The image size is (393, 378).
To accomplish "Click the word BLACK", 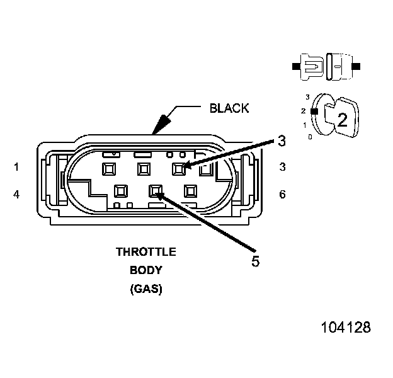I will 229,108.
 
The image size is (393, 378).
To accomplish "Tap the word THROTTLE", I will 145,251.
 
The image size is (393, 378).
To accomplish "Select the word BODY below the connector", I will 145,271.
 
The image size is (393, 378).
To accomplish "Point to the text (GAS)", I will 145,290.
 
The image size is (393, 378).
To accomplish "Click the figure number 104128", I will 346,328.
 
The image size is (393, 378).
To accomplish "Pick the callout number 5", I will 255,261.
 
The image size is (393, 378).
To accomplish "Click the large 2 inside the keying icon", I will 342,120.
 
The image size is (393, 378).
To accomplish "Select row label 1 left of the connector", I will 16,167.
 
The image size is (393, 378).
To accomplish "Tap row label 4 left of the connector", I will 16,195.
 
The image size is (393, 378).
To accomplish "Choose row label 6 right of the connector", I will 282,195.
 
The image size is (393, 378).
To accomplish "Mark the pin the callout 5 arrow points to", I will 155,190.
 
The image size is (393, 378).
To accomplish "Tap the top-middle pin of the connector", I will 144,168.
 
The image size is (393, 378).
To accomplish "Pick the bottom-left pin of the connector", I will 120,190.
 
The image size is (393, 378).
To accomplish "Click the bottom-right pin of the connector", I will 190,190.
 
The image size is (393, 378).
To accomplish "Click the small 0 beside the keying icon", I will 308,136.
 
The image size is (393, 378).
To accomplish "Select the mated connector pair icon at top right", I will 326,66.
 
